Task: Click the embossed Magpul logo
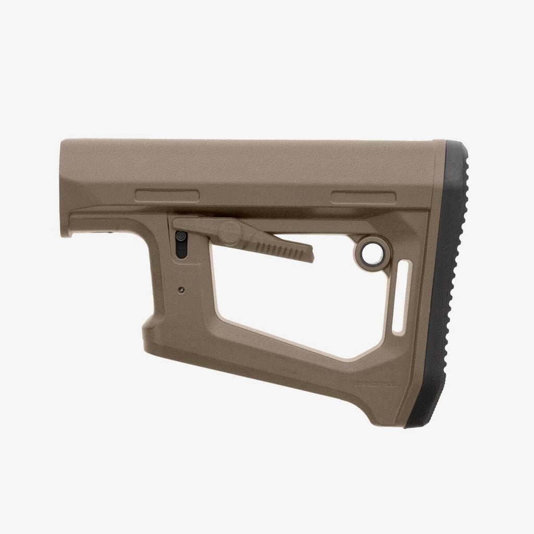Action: pos(374,385)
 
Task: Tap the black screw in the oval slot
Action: pos(181,237)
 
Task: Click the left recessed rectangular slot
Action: pos(167,196)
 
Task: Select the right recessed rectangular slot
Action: pos(363,197)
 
